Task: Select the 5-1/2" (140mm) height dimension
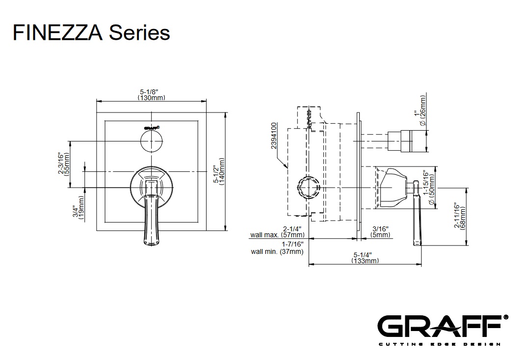coord(219,172)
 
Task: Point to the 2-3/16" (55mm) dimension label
coord(64,164)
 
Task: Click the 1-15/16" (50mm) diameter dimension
coord(429,188)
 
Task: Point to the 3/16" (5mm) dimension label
coord(381,232)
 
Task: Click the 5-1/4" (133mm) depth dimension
coord(365,258)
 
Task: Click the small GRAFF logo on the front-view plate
coord(152,127)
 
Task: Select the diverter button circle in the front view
coord(152,142)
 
